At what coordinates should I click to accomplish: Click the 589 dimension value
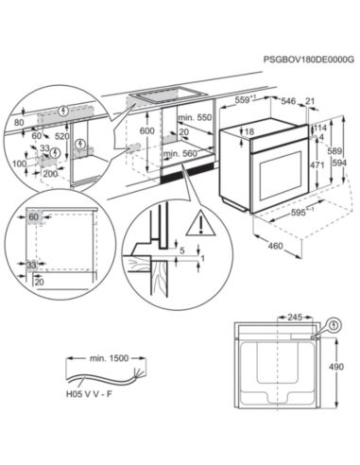click(x=333, y=150)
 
